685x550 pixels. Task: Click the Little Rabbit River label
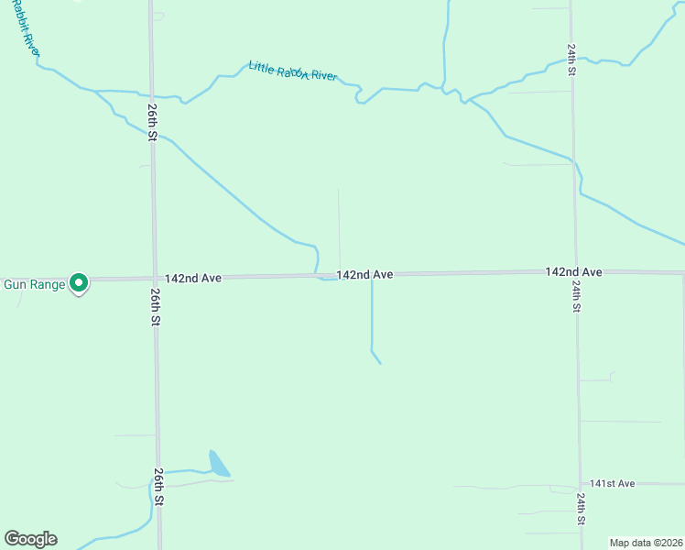coord(293,71)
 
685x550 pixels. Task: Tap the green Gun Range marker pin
coord(79,284)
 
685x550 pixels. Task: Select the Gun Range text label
coord(35,284)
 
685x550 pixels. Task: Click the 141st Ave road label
coord(613,483)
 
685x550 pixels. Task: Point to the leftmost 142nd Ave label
coord(194,277)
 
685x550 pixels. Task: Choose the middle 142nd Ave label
coord(364,274)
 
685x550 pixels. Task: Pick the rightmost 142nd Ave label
coord(573,272)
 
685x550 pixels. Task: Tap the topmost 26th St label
coord(152,121)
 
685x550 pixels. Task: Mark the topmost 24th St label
coord(571,60)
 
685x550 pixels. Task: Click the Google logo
coord(30,539)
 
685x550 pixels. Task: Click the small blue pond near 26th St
coord(218,464)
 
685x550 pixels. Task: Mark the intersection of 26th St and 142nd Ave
coord(154,278)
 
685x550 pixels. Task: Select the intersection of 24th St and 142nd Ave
coord(575,272)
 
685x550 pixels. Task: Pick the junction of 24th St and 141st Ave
coord(581,483)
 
